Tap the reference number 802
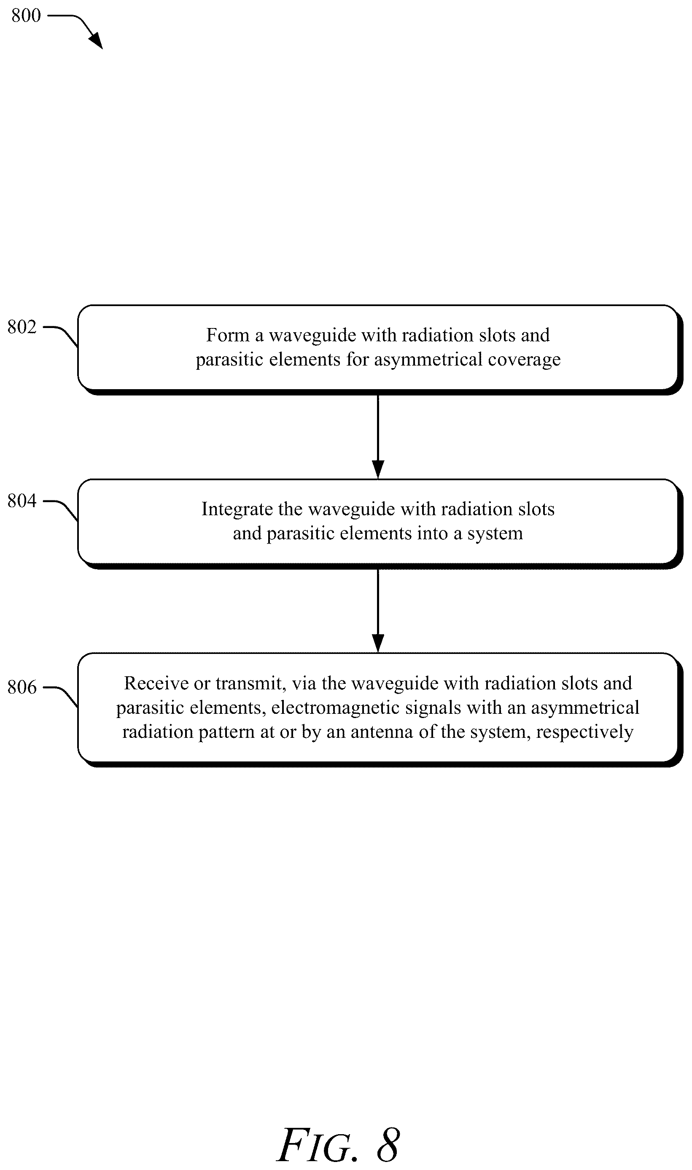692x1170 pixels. click(x=22, y=327)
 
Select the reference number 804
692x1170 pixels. click(x=22, y=500)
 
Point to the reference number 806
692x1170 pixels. click(x=22, y=687)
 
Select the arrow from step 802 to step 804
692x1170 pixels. click(x=378, y=437)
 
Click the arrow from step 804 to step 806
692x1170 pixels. click(x=378, y=611)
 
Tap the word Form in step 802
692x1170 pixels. click(x=228, y=335)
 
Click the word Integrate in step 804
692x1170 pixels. click(x=237, y=509)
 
